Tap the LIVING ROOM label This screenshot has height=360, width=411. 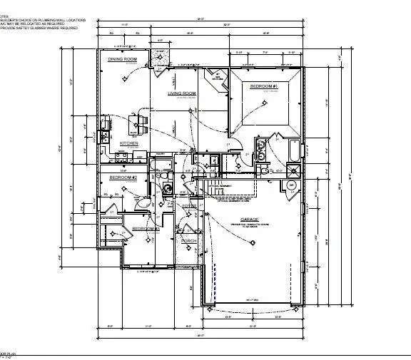[x=182, y=93]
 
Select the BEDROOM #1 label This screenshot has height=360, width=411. [x=263, y=86]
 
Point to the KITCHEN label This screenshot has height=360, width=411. [x=128, y=143]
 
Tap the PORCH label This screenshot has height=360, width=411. [x=189, y=241]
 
